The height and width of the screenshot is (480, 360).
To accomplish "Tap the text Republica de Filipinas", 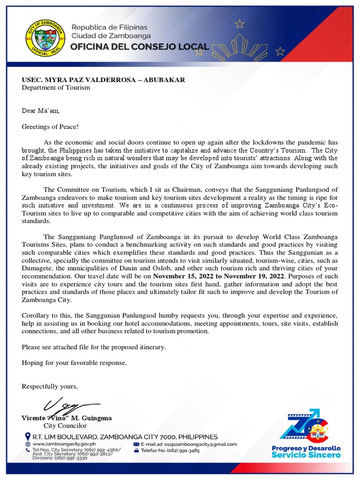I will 109,27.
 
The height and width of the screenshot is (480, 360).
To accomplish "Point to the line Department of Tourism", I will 56,88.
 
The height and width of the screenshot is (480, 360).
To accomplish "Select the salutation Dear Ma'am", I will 41,111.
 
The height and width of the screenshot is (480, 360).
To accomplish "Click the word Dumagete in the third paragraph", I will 38,269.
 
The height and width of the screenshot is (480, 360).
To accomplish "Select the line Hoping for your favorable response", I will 74,363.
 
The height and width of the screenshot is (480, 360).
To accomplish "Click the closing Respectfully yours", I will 50,386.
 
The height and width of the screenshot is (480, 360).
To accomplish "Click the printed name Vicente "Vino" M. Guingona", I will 67,418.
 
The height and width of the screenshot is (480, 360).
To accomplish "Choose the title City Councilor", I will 65,426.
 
